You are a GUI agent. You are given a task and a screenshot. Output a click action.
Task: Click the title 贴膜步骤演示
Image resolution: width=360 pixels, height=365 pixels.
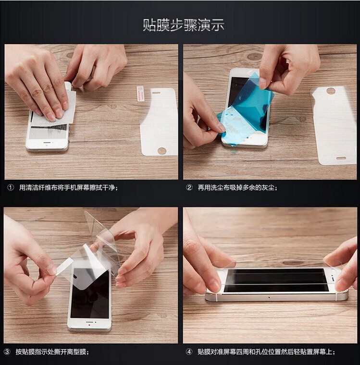point(184,25)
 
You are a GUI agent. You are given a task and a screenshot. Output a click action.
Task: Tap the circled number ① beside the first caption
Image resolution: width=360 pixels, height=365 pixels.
point(11,188)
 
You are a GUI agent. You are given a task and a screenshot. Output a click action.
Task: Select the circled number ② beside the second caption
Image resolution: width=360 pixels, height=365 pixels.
point(189,188)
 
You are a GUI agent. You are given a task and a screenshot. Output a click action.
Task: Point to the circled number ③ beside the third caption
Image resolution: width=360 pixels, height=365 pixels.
point(7,352)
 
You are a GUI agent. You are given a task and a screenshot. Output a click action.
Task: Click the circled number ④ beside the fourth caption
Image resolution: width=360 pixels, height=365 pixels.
point(189,352)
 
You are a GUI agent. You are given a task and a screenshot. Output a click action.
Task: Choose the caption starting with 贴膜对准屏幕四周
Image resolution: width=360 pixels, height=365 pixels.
point(266,352)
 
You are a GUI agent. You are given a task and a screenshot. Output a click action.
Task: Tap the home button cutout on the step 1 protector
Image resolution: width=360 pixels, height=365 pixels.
point(162,151)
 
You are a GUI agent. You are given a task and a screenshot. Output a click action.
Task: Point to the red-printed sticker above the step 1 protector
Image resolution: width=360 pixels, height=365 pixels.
point(140,93)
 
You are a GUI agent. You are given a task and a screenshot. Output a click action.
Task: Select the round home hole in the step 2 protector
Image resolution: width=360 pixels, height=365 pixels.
point(330,90)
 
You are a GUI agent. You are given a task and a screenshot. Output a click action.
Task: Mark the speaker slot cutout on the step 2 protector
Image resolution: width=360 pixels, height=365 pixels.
point(341,158)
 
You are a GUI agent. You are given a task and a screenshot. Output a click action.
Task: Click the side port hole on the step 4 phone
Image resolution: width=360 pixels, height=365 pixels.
point(269,297)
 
